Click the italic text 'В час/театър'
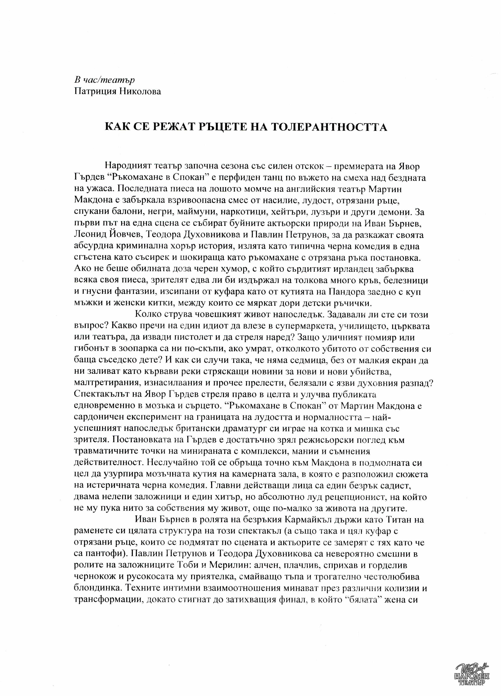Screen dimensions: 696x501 (x=104, y=80)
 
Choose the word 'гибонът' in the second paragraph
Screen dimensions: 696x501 (x=91, y=349)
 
